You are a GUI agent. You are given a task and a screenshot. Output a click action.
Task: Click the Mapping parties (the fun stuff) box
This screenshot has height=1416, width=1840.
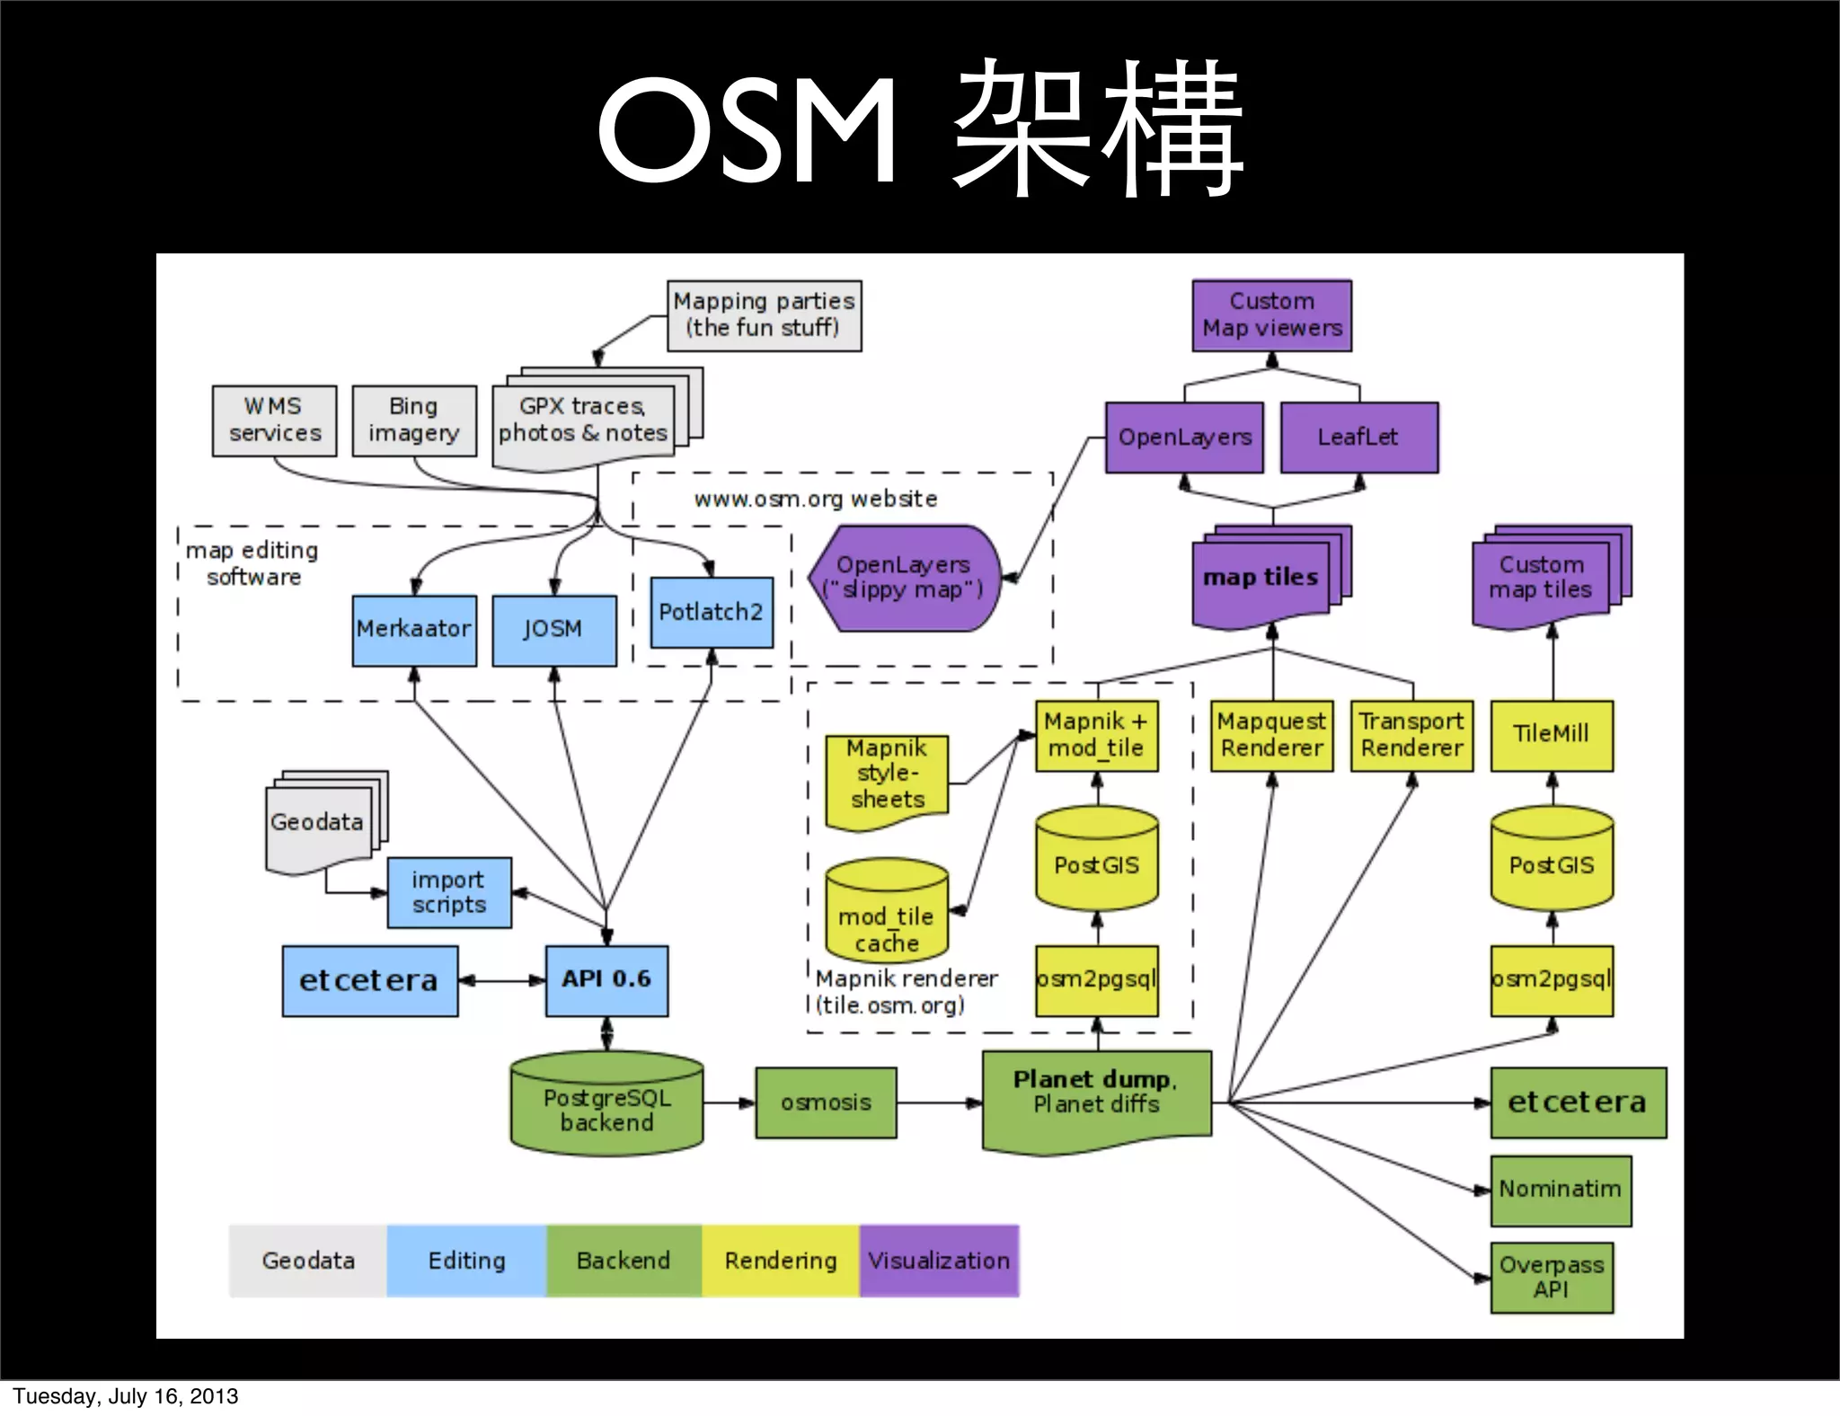764,315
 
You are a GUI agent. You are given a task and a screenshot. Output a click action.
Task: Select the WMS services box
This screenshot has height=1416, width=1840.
274,420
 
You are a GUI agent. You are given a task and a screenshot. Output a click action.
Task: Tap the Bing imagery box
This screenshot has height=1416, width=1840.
414,420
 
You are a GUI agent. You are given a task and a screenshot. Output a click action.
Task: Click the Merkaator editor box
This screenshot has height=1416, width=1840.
414,630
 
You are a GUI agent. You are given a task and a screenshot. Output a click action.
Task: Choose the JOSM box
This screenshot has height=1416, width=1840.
553,630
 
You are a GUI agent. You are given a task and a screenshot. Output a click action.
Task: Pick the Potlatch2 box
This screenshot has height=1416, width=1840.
711,612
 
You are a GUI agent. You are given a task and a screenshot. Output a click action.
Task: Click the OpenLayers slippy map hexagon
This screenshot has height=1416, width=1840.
904,578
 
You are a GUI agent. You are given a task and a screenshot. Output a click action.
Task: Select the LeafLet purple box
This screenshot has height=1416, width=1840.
1358,438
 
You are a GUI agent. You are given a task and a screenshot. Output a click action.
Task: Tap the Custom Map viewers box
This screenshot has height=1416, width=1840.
1271,315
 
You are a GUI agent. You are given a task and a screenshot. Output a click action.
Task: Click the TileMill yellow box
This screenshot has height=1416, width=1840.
1551,735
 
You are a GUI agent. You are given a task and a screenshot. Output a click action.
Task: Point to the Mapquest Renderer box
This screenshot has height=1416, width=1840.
1271,735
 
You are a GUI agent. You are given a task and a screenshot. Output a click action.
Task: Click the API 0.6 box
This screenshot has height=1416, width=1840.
606,980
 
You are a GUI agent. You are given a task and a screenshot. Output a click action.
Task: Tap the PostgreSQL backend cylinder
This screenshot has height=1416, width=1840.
606,1105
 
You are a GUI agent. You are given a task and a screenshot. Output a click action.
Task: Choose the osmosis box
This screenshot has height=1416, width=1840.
826,1102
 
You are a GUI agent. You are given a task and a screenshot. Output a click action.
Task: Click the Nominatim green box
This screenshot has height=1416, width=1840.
1560,1190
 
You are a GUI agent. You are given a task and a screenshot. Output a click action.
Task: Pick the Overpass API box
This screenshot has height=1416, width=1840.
1551,1278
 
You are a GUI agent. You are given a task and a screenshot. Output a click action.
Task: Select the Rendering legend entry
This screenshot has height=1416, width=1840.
780,1261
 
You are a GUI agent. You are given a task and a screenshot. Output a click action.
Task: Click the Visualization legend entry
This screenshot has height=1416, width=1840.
939,1261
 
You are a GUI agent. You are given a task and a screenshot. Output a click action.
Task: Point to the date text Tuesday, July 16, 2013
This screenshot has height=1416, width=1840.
126,1396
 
